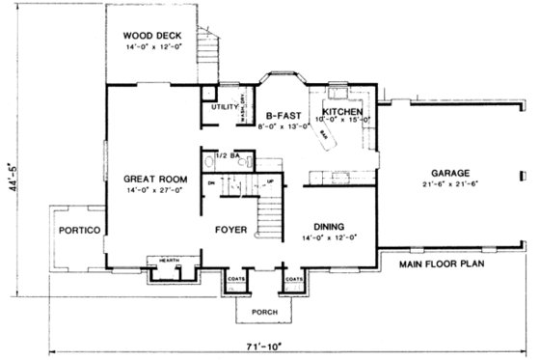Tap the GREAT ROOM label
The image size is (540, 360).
click(153, 179)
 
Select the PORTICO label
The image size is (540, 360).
click(75, 231)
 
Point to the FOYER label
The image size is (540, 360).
click(231, 231)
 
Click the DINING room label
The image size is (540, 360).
click(328, 226)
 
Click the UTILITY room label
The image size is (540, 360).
click(225, 108)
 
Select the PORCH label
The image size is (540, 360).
click(264, 312)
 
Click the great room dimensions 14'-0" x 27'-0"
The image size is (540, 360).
click(153, 192)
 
